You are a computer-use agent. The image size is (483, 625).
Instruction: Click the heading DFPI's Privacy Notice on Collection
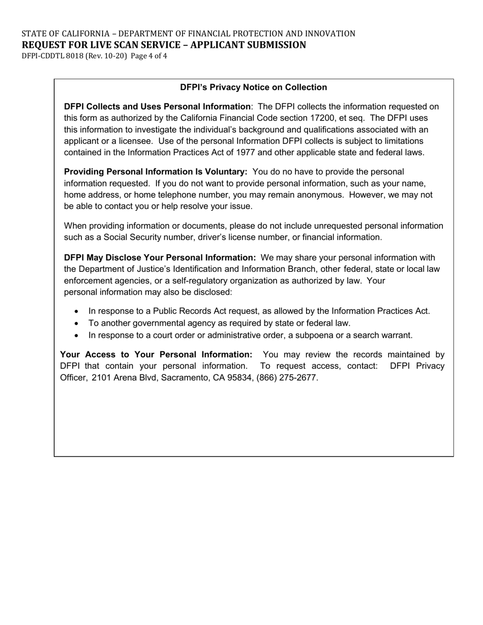[x=253, y=87]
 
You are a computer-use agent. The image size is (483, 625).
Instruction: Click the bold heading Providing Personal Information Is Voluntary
[x=155, y=172]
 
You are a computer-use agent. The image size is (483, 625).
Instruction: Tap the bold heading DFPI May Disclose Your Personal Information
[x=160, y=258]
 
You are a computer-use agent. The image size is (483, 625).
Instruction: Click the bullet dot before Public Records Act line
[x=76, y=311]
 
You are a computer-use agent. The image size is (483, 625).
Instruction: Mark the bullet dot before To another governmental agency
[x=76, y=323]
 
